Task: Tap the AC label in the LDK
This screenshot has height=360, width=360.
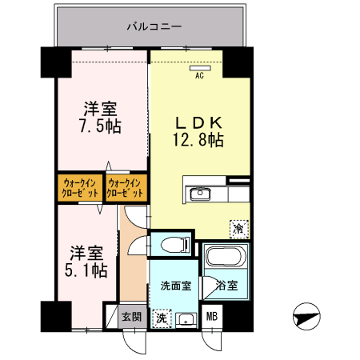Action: tap(200, 77)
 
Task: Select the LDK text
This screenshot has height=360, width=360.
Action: tap(198, 123)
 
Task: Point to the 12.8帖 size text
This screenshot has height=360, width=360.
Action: tap(198, 140)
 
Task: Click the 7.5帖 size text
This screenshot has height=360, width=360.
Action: tap(101, 126)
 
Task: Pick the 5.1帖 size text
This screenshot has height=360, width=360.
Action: tap(86, 270)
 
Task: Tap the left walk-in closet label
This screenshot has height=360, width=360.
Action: tap(78, 189)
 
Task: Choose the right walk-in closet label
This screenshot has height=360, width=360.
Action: tap(126, 189)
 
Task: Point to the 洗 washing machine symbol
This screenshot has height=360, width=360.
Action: tap(162, 318)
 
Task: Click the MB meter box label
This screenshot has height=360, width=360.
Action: tap(211, 318)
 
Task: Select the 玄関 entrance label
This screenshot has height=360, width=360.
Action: tap(131, 317)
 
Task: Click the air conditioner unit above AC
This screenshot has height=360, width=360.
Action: tap(200, 69)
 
